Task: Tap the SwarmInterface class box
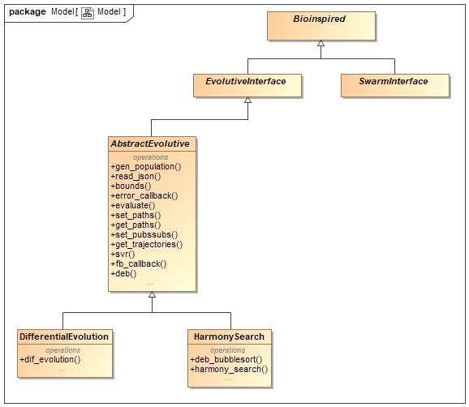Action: pos(394,81)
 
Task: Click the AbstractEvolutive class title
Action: pos(150,144)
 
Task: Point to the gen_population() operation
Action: pos(145,166)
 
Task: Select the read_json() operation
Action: pos(135,176)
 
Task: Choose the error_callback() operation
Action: pos(143,195)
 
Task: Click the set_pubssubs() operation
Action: pos(143,234)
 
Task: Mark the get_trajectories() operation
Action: pos(146,244)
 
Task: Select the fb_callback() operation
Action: pos(138,263)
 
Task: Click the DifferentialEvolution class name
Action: pos(64,336)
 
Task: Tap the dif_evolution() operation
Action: pos(49,358)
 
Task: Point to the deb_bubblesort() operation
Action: pos(226,358)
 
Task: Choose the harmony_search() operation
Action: pos(228,369)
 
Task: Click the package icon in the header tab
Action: pos(88,12)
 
